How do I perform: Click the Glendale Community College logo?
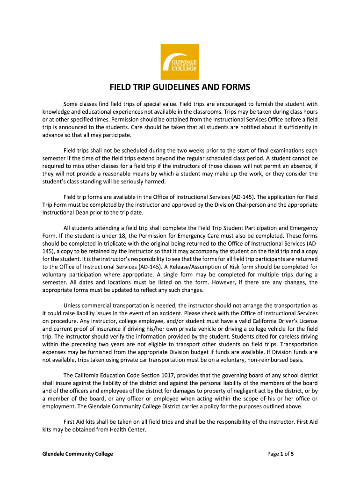pos(180,62)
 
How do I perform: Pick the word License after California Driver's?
pos(307,320)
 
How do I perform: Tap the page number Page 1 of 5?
pos(281,454)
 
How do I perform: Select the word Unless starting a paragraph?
pos(72,305)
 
